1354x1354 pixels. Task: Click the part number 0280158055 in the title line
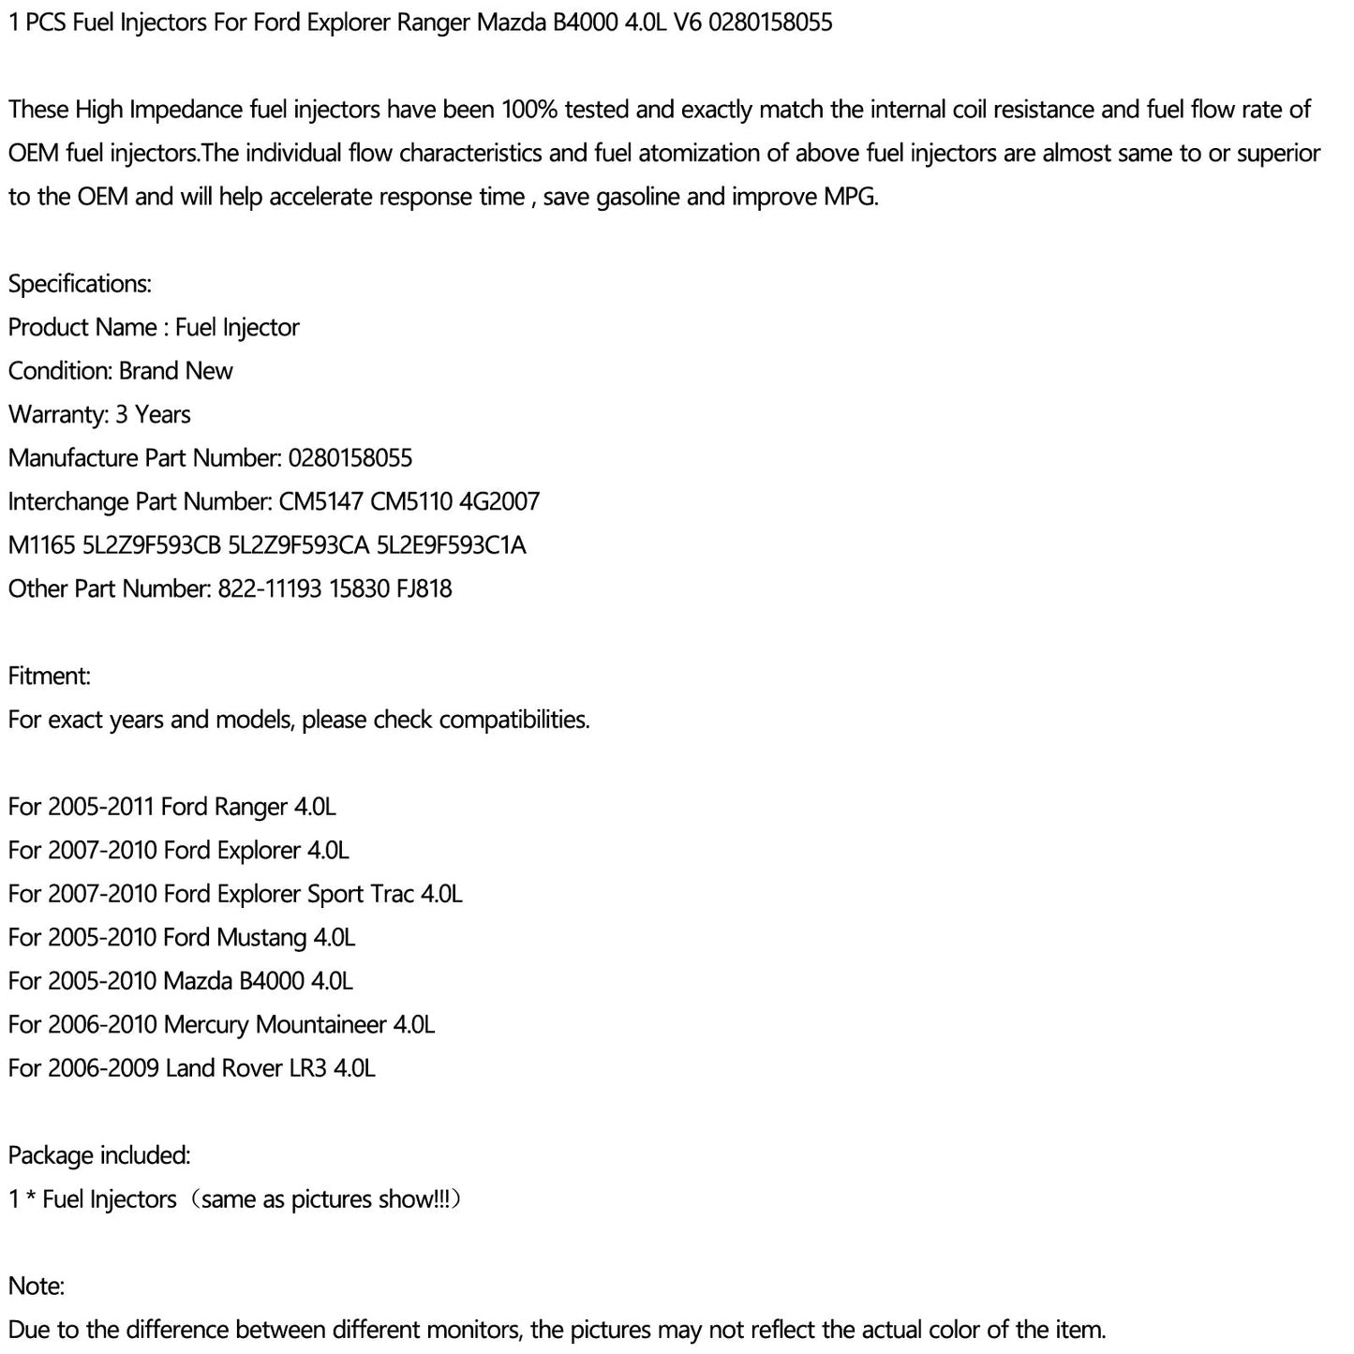pos(770,22)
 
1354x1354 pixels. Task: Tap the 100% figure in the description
pos(529,110)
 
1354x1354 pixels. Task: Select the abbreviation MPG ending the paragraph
pos(849,197)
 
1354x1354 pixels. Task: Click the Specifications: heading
pos(80,284)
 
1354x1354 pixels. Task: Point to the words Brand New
pos(176,371)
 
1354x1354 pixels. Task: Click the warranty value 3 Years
pos(153,414)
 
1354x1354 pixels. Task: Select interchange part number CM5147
pos(320,501)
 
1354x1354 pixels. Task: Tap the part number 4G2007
pos(499,501)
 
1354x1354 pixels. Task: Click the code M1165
pos(41,545)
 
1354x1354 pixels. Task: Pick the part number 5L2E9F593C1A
pos(451,545)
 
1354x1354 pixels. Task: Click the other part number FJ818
pos(424,588)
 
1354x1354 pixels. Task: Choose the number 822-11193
pos(270,588)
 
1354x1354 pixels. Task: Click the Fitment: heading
pos(50,676)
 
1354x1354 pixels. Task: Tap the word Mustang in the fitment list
pos(261,937)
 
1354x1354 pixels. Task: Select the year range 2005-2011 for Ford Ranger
pos(101,807)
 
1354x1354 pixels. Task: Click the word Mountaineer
pos(321,1024)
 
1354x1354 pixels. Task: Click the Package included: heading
pos(99,1155)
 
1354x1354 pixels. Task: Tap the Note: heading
pos(37,1286)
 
